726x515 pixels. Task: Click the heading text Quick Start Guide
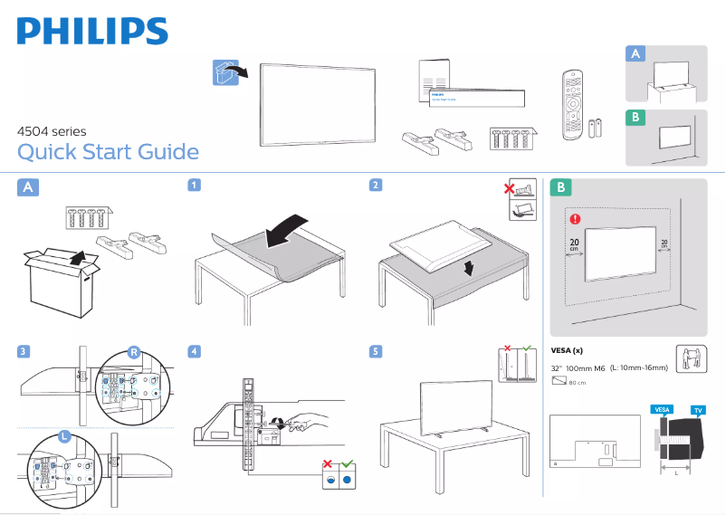coord(108,151)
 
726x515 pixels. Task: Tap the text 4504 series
coord(52,131)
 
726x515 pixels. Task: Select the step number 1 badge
coord(194,186)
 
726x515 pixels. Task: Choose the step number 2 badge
coord(375,186)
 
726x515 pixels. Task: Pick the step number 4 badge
coord(194,350)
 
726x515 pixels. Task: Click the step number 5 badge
coord(375,350)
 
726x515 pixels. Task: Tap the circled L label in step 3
coord(64,436)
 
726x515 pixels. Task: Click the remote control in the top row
coord(570,104)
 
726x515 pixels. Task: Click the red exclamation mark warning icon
coord(573,218)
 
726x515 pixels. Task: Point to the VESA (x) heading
coord(567,350)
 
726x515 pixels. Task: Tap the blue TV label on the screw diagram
coord(698,410)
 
